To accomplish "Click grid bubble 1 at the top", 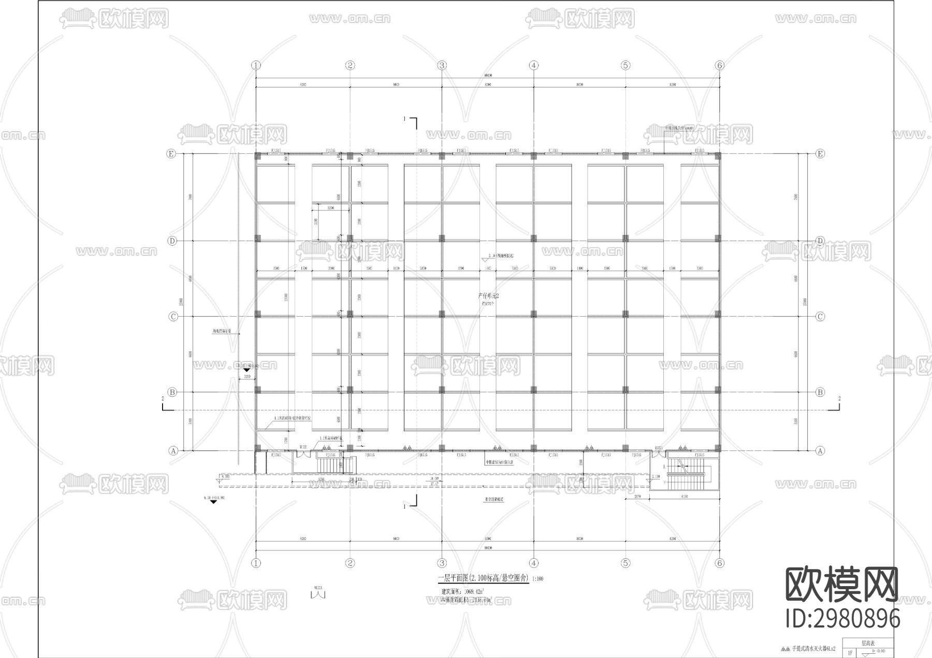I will coord(256,65).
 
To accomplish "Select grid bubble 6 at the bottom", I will coord(719,563).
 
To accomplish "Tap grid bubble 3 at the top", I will coord(442,65).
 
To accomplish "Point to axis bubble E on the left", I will coord(171,154).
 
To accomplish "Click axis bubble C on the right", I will coord(820,317).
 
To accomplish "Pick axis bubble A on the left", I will coord(173,451).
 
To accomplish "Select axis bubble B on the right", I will coord(820,392).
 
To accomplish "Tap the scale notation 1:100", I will coord(538,579).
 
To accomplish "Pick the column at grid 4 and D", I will coord(534,238).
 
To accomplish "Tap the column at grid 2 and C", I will coord(350,314).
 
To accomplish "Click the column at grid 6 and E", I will coord(717,156).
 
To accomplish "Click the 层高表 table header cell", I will coord(869,644).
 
